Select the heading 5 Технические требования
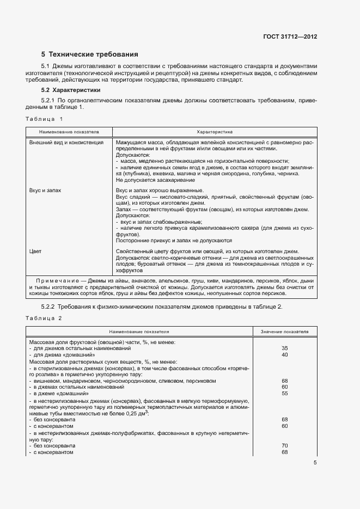pos(90,54)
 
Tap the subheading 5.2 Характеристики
pos(71,90)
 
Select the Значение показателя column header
pos(284,330)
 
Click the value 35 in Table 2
pos(284,348)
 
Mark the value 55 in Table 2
pos(284,393)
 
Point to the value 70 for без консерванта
pos(284,446)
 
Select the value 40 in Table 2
pos(284,354)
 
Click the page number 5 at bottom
pos(315,463)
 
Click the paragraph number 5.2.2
pos(48,307)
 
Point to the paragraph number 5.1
pos(46,66)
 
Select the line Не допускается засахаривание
pos(155,180)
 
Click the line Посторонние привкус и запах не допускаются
pos(174,240)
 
